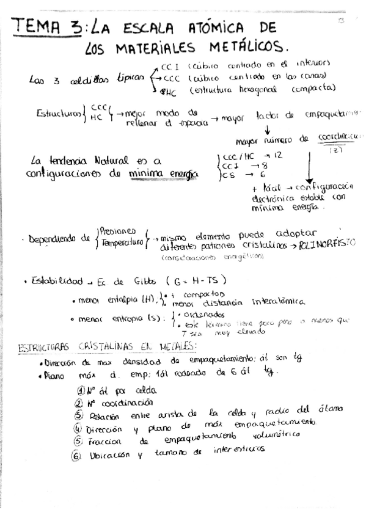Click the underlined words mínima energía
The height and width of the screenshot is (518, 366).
(x=164, y=175)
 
